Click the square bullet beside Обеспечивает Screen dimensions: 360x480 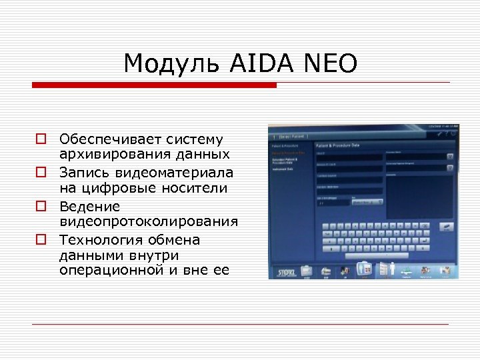(x=41, y=139)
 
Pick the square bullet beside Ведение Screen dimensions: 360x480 (x=41, y=206)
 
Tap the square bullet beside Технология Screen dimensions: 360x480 (x=41, y=239)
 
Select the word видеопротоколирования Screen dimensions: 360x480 (x=149, y=222)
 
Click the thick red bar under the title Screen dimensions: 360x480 (x=155, y=85)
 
